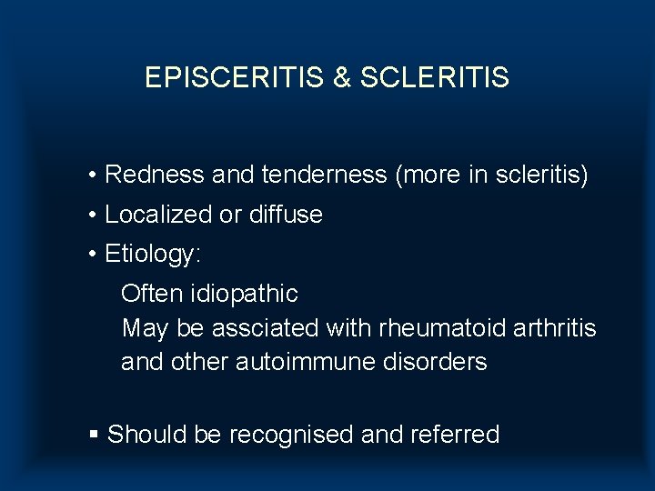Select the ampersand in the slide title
pyautogui.click(x=342, y=78)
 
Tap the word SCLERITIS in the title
pyautogui.click(x=435, y=78)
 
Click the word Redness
pyautogui.click(x=155, y=175)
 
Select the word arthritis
pyautogui.click(x=554, y=328)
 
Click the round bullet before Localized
pyautogui.click(x=94, y=215)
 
